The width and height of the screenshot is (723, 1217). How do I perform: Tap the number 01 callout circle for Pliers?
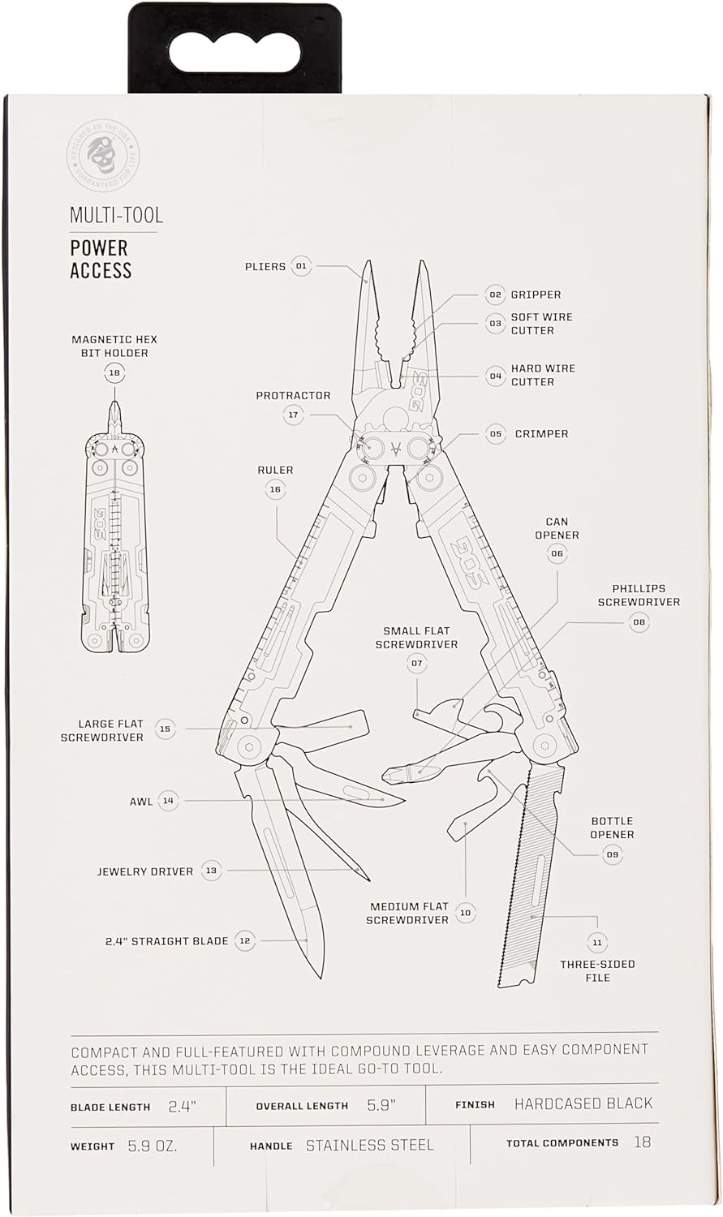302,266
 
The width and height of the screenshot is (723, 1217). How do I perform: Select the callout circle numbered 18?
114,373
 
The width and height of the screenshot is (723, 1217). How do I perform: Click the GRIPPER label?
536,295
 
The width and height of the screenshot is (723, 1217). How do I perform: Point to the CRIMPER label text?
541,434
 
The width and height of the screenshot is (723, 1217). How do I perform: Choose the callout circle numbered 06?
557,553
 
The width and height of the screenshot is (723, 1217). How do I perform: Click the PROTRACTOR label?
293,396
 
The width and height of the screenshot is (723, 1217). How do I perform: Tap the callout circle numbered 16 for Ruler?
275,489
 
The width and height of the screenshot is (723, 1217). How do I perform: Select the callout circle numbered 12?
245,940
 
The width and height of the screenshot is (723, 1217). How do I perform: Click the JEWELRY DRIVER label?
145,871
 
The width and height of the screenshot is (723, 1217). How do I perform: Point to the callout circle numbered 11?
597,943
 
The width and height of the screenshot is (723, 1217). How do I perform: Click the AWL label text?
141,802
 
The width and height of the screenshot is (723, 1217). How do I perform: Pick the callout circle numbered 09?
612,854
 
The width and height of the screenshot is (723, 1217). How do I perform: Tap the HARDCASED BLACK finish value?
583,1103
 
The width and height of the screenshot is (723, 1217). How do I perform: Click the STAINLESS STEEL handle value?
370,1146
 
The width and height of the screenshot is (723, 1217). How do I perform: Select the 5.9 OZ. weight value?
153,1146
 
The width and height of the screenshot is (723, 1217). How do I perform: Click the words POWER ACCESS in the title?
101,259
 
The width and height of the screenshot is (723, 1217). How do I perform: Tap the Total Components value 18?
642,1142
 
